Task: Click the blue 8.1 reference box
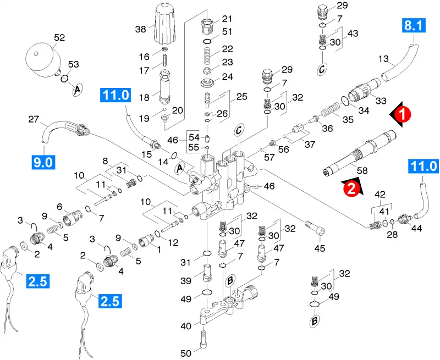pyautogui.click(x=414, y=25)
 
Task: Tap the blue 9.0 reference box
pyautogui.click(x=43, y=162)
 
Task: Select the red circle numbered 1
pyautogui.click(x=403, y=114)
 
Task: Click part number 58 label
pyautogui.click(x=362, y=170)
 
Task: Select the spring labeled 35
pyautogui.click(x=331, y=109)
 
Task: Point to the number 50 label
pyautogui.click(x=186, y=353)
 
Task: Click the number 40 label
pyautogui.click(x=186, y=326)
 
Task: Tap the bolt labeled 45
pyautogui.click(x=315, y=228)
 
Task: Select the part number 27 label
pyautogui.click(x=34, y=119)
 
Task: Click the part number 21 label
pyautogui.click(x=227, y=19)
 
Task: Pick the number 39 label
pyautogui.click(x=186, y=280)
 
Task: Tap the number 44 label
pyautogui.click(x=416, y=228)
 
